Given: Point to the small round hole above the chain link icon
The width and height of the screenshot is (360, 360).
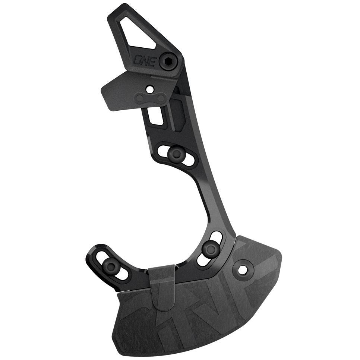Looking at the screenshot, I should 150,89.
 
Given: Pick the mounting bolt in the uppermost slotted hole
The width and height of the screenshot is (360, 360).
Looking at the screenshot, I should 174,152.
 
